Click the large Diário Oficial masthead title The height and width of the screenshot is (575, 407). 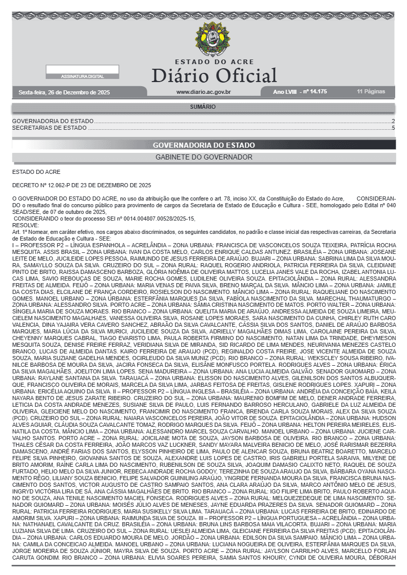(x=214, y=75)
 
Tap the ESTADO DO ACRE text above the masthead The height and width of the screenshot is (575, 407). (x=214, y=62)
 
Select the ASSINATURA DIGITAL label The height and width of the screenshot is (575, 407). (x=82, y=76)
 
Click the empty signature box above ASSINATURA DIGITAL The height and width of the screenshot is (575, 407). (x=82, y=69)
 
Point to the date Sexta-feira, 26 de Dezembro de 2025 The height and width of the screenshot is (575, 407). (x=64, y=92)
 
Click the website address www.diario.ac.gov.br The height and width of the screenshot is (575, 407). (x=203, y=92)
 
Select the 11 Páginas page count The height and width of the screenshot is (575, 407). (x=371, y=92)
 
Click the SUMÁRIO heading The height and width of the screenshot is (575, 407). (x=203, y=107)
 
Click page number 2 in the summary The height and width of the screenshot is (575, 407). (x=393, y=122)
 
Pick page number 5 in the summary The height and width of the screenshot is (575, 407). (x=393, y=128)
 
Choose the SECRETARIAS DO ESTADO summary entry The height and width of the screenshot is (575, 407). (x=49, y=128)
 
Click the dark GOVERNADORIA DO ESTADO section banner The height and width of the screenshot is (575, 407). (x=204, y=145)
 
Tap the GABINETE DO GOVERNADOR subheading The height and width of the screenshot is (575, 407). (x=204, y=157)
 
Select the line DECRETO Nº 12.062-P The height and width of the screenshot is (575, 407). (x=81, y=185)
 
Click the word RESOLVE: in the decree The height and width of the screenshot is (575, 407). (x=25, y=225)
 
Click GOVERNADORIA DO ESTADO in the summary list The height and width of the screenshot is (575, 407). (x=53, y=122)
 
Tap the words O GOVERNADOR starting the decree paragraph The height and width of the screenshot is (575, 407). (x=31, y=198)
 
